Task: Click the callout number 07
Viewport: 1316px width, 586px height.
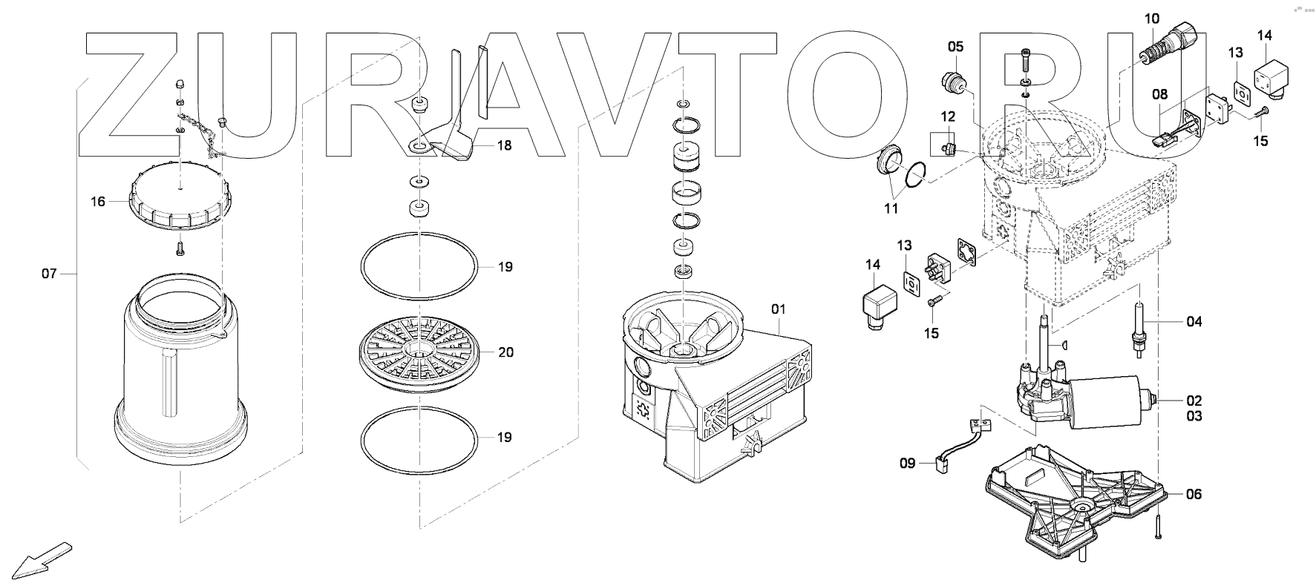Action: tap(49, 274)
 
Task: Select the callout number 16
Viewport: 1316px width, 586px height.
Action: tap(99, 201)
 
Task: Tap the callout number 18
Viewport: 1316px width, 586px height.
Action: tap(504, 145)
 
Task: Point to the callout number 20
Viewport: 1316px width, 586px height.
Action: tap(505, 352)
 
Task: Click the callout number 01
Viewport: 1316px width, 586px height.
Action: tap(778, 308)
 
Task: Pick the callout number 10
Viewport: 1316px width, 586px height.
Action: tap(1151, 19)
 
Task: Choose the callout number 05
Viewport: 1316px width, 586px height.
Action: tap(955, 47)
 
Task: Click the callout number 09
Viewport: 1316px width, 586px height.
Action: tap(908, 464)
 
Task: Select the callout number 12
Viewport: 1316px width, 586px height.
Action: tap(949, 116)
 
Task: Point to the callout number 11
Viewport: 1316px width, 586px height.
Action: tap(891, 208)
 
